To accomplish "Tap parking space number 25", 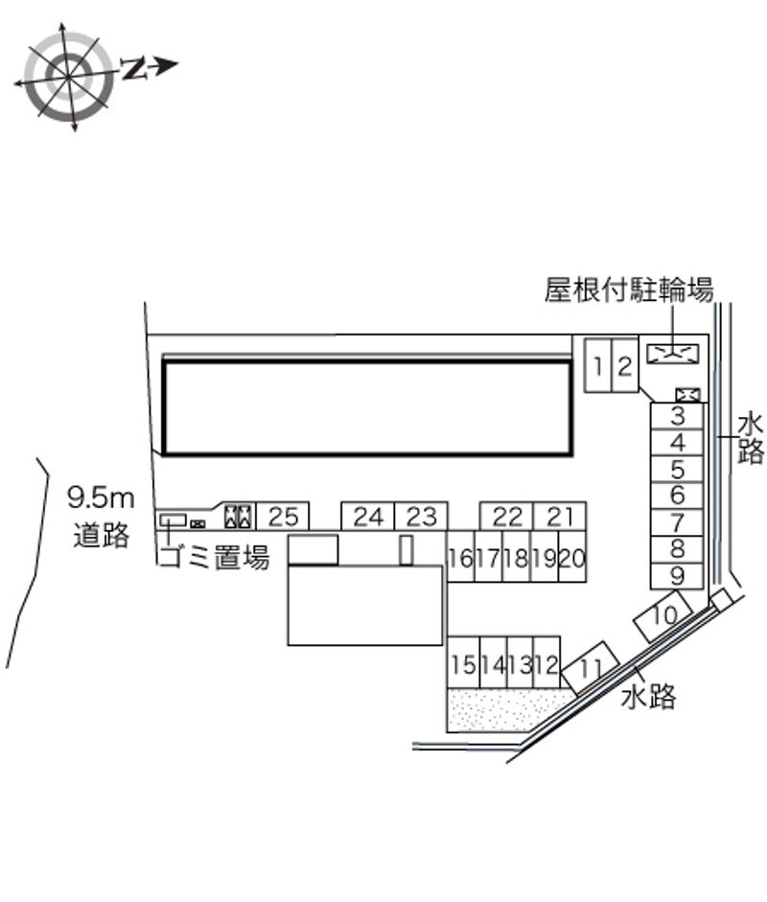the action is [283, 516].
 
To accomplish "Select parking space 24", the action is [367, 516].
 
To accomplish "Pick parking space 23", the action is [421, 516].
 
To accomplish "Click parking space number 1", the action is [598, 366].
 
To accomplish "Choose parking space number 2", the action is [625, 366].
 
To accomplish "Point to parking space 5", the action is [677, 470].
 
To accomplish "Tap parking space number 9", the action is [677, 576].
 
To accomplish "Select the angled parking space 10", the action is [662, 616].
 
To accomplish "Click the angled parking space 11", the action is [591, 668].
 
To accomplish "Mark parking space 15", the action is [463, 662].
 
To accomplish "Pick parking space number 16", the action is [461, 557].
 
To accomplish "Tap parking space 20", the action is [572, 557].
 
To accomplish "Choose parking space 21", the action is [560, 516].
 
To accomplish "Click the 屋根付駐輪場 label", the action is [630, 289].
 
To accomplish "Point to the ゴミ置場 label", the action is [214, 557].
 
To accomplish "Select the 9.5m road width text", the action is [101, 498].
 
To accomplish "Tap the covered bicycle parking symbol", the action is [673, 354].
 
